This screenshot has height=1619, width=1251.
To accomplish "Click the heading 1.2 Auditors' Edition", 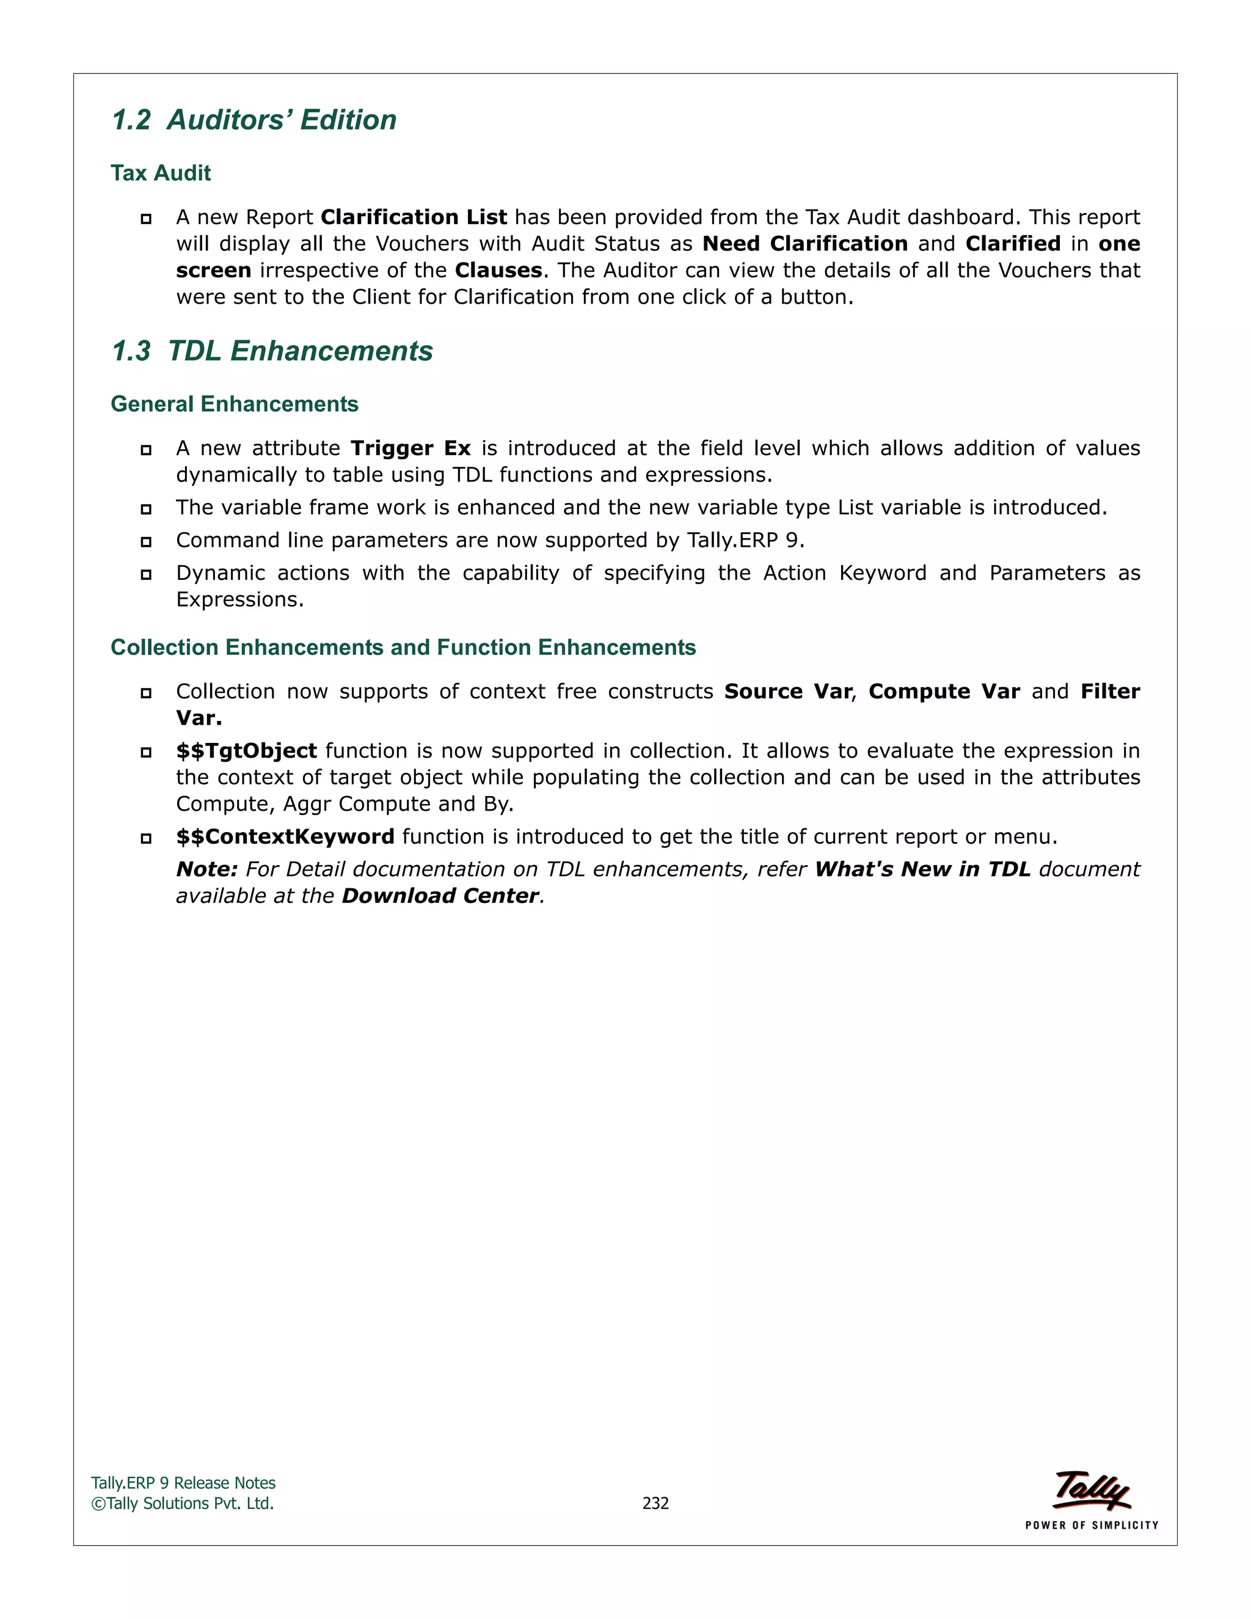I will coord(253,120).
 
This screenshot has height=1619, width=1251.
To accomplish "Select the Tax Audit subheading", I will coord(161,174).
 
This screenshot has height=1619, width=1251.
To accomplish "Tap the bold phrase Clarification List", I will coord(414,217).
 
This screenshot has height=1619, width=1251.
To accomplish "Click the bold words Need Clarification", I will coord(805,244).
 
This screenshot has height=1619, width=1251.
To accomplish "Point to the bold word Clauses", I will coord(498,271).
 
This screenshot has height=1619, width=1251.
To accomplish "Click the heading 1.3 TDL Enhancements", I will coord(271,351).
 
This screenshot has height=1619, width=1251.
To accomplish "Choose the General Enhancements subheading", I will coord(234,404).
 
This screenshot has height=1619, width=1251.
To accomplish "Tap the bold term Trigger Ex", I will coord(410,448).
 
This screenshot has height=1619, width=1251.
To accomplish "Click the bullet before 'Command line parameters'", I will coord(146,542).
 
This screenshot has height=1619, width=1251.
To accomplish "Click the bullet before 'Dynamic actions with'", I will coord(146,574).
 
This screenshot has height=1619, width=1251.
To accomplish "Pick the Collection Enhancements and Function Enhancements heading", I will coord(403,648).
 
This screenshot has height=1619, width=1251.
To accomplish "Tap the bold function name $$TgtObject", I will coord(246,751).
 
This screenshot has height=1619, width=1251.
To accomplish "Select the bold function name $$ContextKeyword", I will coord(285,837).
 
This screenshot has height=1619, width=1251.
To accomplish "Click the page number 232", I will coord(655,1504).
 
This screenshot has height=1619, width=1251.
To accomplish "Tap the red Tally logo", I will coord(1091,1490).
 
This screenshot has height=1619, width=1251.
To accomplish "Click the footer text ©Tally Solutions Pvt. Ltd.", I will coord(182,1504).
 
